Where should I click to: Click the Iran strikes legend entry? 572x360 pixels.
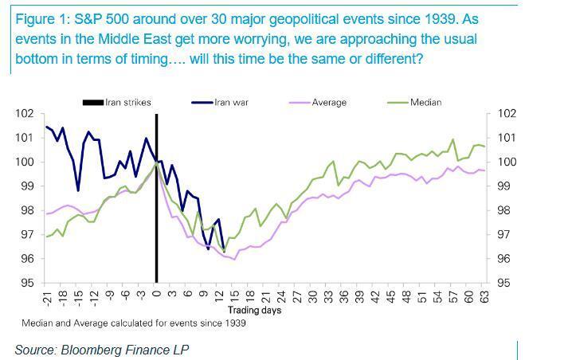tap(117, 103)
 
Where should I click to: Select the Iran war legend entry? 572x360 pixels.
tap(220, 103)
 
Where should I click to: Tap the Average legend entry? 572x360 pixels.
tap(318, 103)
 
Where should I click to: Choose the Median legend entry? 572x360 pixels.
tap(414, 103)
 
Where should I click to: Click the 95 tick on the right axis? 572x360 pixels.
tap(504, 283)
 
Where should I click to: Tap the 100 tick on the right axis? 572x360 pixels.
tap(507, 162)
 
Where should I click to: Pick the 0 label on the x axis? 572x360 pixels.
tap(156, 293)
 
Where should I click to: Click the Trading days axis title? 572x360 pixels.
tap(255, 310)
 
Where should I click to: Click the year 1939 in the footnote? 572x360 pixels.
tap(236, 323)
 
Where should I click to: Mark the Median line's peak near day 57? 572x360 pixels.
tap(453, 139)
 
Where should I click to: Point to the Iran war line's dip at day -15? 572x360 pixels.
tap(78, 190)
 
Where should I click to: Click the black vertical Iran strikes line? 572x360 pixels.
tap(156, 198)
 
